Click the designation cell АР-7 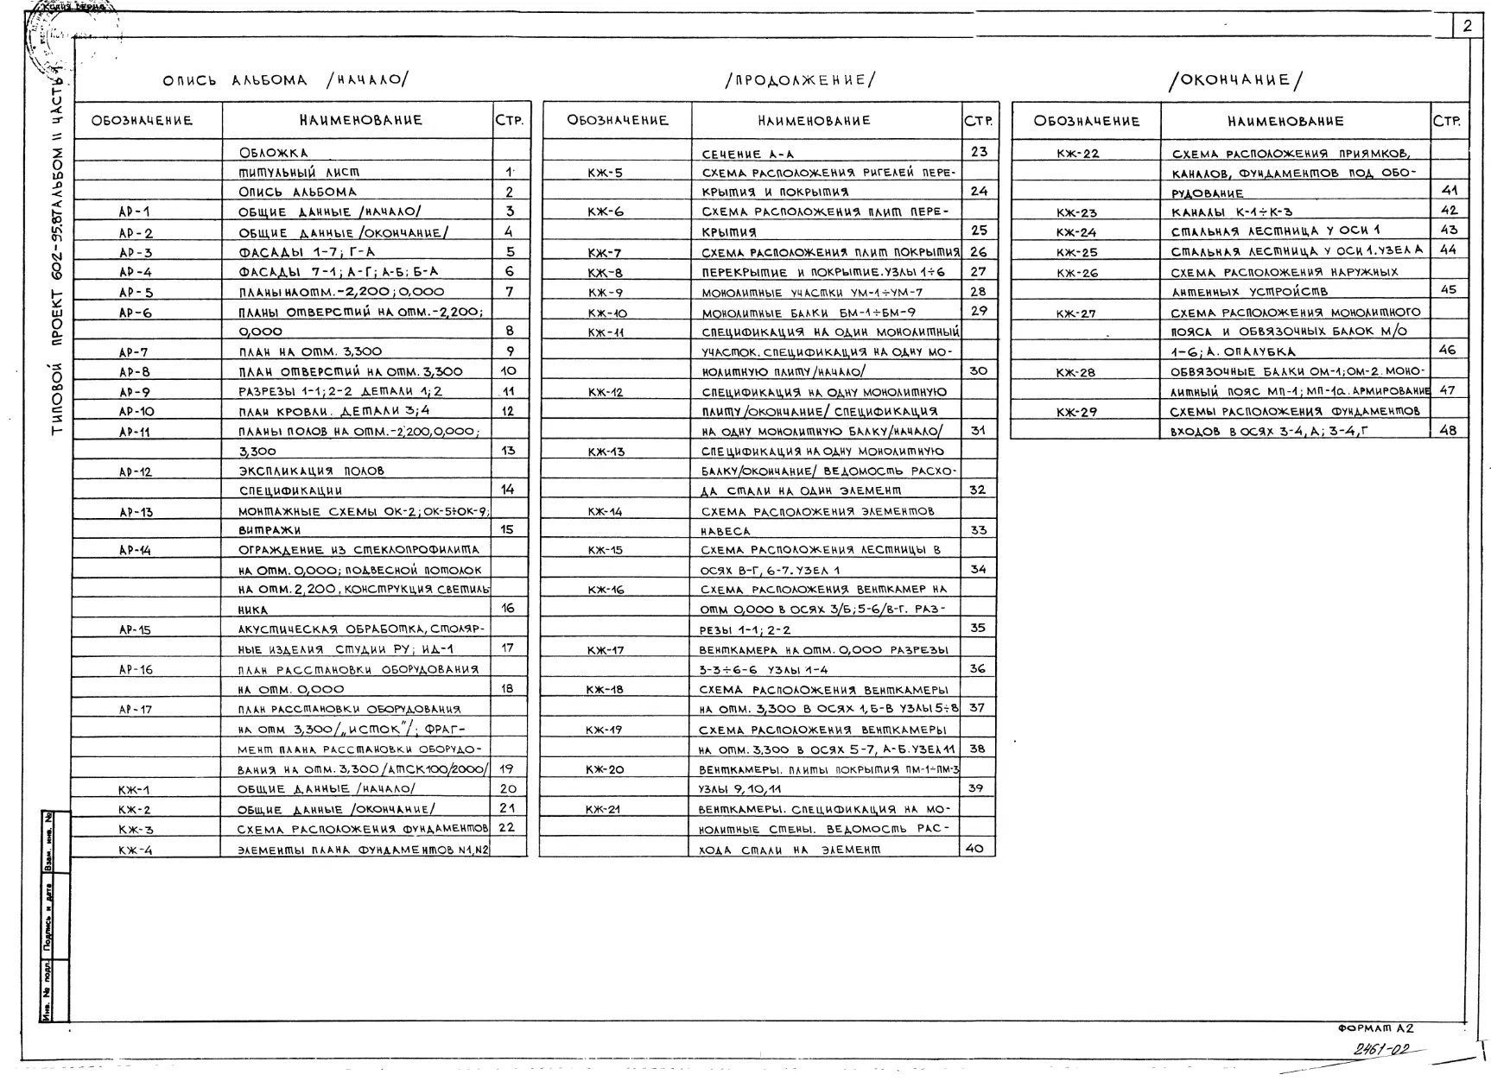coord(134,352)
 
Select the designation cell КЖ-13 coord(606,452)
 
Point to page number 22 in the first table coord(507,827)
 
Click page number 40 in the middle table coord(974,849)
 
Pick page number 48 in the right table coord(1449,430)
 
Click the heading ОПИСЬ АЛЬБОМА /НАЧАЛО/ coord(285,81)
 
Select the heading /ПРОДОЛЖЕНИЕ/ coord(800,81)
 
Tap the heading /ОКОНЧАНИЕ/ coord(1235,81)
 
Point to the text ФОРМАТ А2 coord(1375,1028)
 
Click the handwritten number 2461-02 coord(1381,1050)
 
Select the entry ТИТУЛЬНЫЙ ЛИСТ coord(299,173)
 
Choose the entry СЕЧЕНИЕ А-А coord(747,155)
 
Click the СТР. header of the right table coord(1448,122)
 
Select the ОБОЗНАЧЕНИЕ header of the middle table coord(617,121)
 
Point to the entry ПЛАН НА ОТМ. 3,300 coord(310,352)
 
